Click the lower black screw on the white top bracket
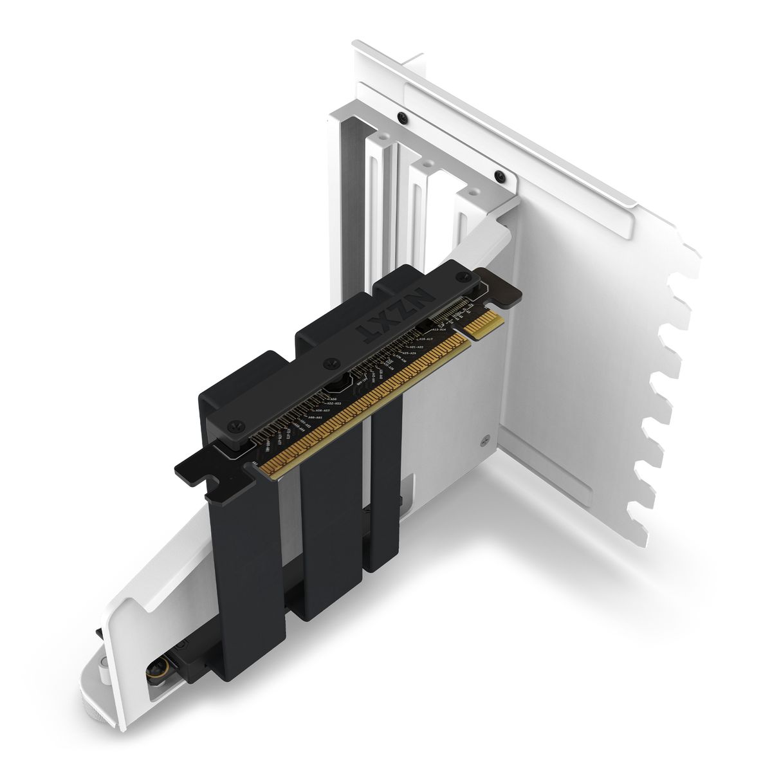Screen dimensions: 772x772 pyautogui.click(x=499, y=176)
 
